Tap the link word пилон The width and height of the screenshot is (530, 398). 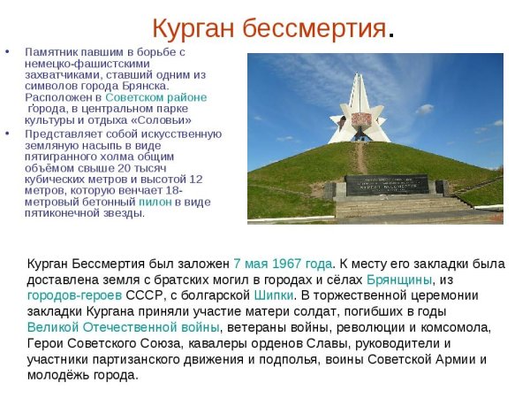[155, 202]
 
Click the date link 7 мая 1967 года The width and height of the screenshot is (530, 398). [283, 264]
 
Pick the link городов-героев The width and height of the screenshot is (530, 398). [74, 295]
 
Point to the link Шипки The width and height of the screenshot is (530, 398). [273, 295]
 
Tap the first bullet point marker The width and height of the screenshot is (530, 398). [8, 51]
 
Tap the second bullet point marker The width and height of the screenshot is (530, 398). [8, 133]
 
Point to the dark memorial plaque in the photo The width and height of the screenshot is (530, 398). [386, 185]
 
